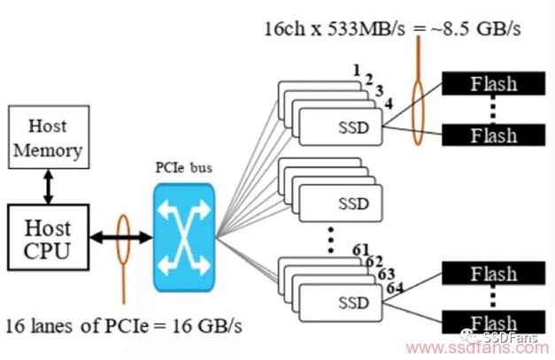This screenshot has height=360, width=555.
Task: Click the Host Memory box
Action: click(x=49, y=137)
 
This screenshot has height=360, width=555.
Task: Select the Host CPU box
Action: click(x=48, y=237)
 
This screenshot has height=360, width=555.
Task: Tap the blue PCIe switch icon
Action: click(x=184, y=237)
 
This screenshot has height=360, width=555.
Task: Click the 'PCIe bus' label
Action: click(x=184, y=168)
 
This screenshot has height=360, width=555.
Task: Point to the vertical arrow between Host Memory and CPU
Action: click(x=49, y=187)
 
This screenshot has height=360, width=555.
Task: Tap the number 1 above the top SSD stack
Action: click(x=357, y=71)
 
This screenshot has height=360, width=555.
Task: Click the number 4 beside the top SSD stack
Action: click(x=389, y=104)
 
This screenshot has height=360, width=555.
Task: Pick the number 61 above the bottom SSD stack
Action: click(x=361, y=250)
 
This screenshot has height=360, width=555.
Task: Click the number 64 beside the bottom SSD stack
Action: click(x=395, y=288)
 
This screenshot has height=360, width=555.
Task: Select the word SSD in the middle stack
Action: click(x=353, y=203)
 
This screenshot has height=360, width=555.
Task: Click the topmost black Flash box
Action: click(x=493, y=83)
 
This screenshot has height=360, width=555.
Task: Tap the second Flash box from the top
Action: click(x=493, y=135)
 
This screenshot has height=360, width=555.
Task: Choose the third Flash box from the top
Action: click(x=493, y=273)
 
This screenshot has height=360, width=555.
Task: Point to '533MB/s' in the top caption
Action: click(x=366, y=29)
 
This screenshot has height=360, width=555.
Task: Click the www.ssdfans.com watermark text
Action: click(x=477, y=349)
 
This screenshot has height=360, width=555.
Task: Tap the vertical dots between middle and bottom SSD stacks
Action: click(x=330, y=240)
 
